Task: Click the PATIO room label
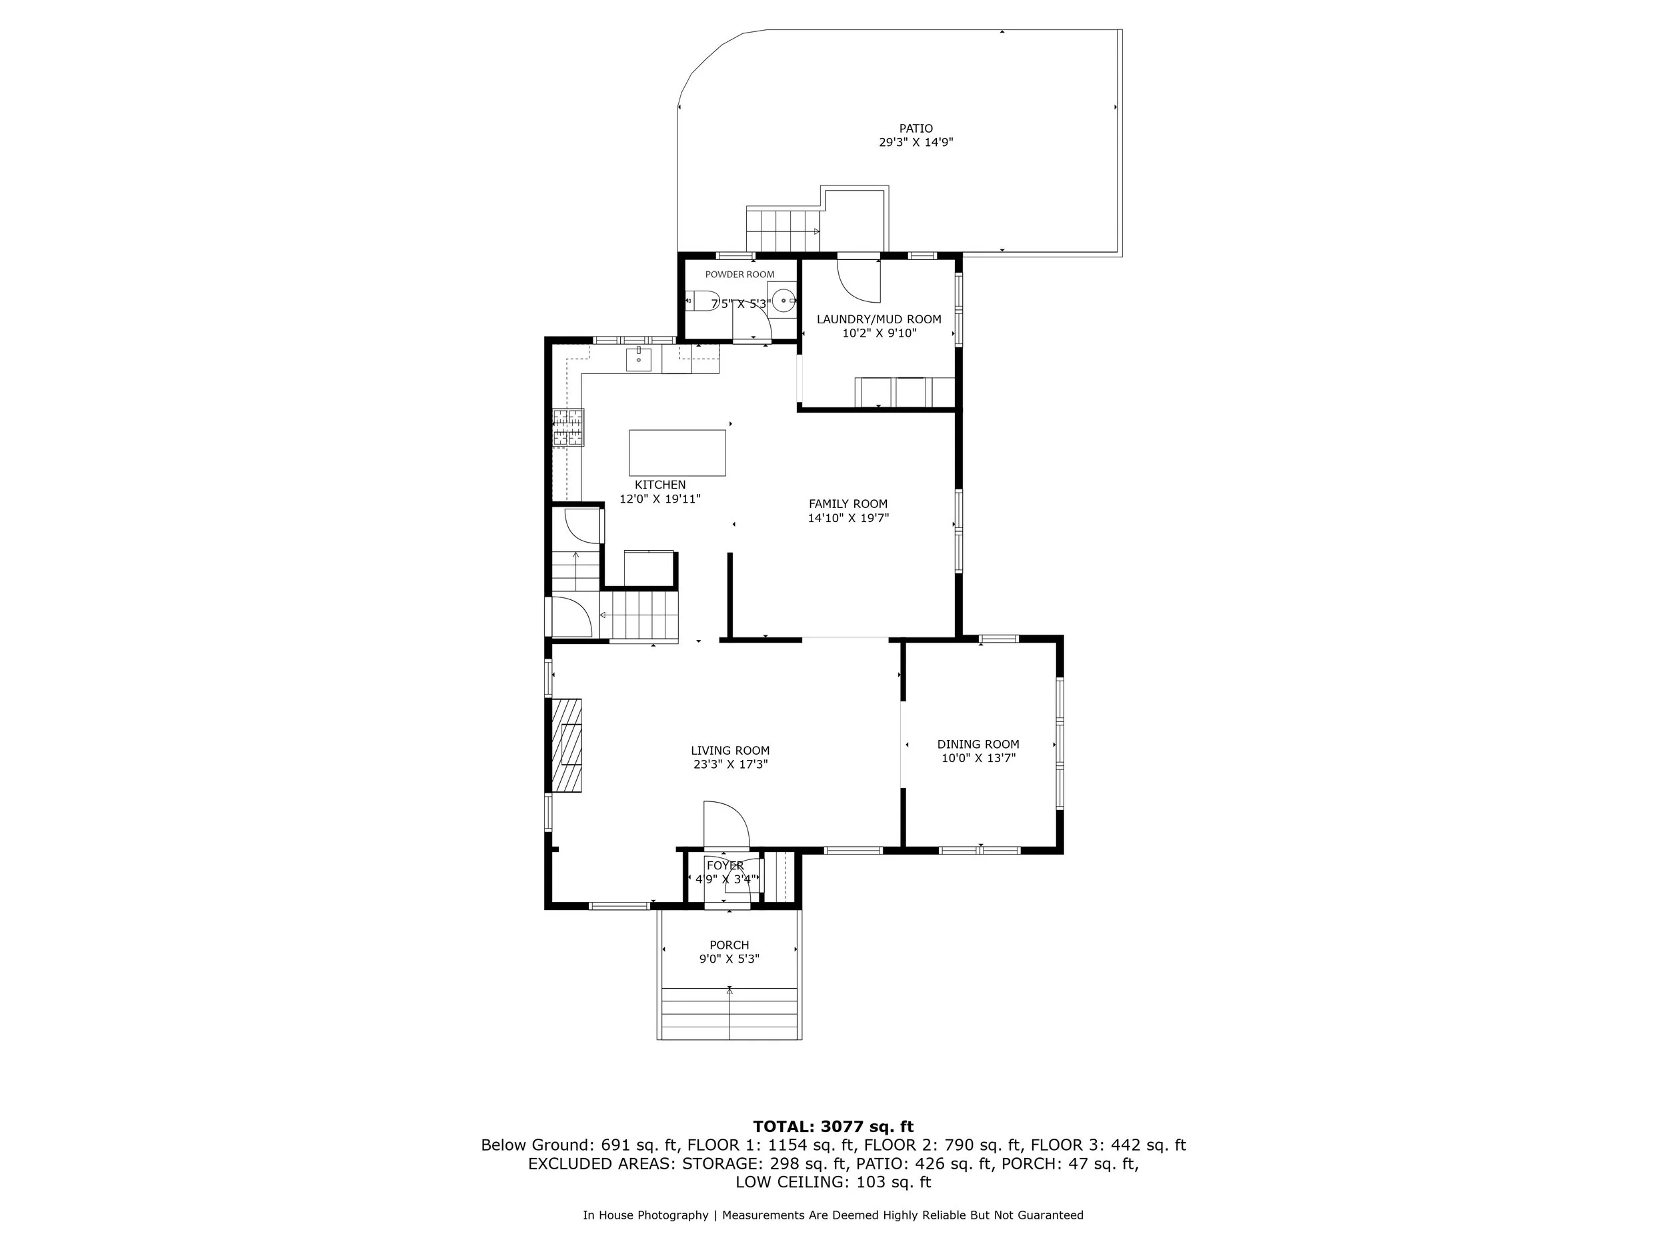[916, 129]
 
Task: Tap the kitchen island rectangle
[677, 453]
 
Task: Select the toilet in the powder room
[702, 301]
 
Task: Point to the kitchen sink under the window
[639, 359]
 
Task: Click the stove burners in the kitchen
[567, 428]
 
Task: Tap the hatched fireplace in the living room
[566, 745]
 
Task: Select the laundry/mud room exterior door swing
[859, 279]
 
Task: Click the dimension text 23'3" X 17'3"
[730, 764]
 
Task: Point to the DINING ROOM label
[978, 744]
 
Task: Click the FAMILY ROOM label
[848, 504]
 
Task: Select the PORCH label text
[729, 945]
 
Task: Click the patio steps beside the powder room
[782, 231]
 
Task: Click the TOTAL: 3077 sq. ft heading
[833, 1127]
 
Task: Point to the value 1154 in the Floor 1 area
[788, 1145]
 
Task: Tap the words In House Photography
[645, 1215]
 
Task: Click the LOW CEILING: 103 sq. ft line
[833, 1182]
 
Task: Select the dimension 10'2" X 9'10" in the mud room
[879, 333]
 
